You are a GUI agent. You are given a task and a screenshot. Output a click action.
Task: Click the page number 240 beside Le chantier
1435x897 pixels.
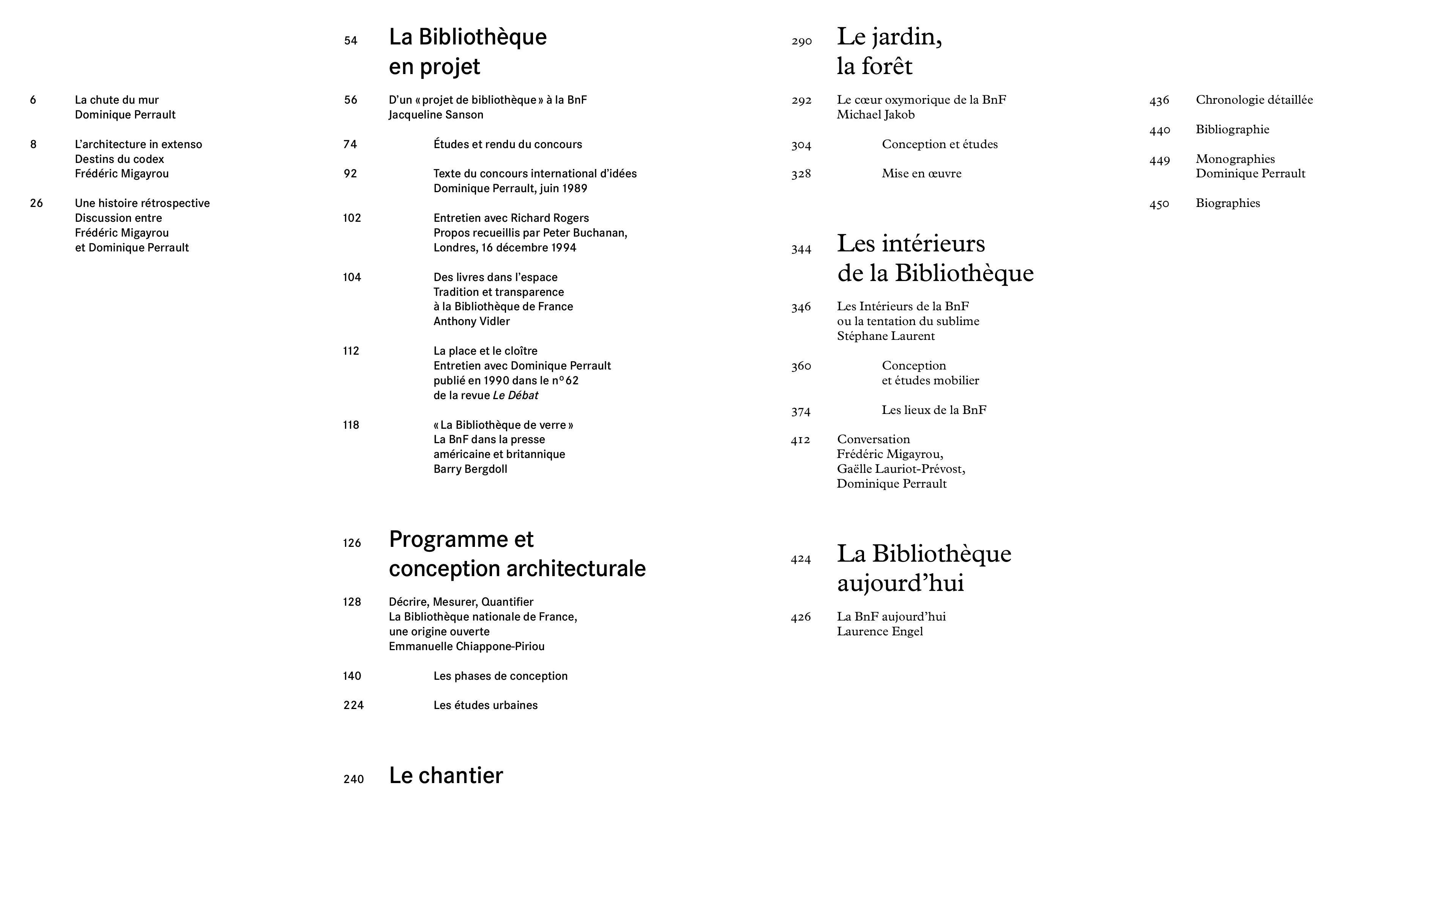(353, 779)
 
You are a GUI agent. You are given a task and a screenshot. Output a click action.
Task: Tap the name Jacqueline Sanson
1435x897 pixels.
(436, 114)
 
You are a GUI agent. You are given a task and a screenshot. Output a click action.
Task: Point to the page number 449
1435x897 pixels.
(1159, 160)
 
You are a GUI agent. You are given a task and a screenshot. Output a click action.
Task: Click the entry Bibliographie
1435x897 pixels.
(1232, 129)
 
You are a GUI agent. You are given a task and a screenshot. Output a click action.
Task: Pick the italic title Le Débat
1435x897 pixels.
(515, 395)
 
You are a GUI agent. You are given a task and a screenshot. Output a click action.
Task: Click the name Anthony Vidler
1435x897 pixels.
(471, 321)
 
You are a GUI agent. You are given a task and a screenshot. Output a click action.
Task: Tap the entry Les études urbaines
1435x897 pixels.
(485, 705)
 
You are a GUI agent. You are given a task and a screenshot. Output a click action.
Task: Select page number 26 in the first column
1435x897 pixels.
(36, 203)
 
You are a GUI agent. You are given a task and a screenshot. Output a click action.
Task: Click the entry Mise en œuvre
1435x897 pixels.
(921, 173)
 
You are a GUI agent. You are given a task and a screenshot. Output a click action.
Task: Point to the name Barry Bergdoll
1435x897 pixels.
(470, 469)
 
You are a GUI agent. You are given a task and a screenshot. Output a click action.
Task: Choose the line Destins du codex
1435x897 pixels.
(119, 159)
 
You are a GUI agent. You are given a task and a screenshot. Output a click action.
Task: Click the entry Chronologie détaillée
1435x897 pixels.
(1254, 99)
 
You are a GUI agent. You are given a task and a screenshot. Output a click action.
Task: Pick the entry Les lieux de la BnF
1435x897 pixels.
(934, 410)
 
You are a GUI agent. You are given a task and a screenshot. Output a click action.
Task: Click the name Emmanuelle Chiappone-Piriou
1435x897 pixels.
(466, 646)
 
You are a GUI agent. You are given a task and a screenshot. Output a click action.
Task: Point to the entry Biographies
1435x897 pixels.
(1227, 203)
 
